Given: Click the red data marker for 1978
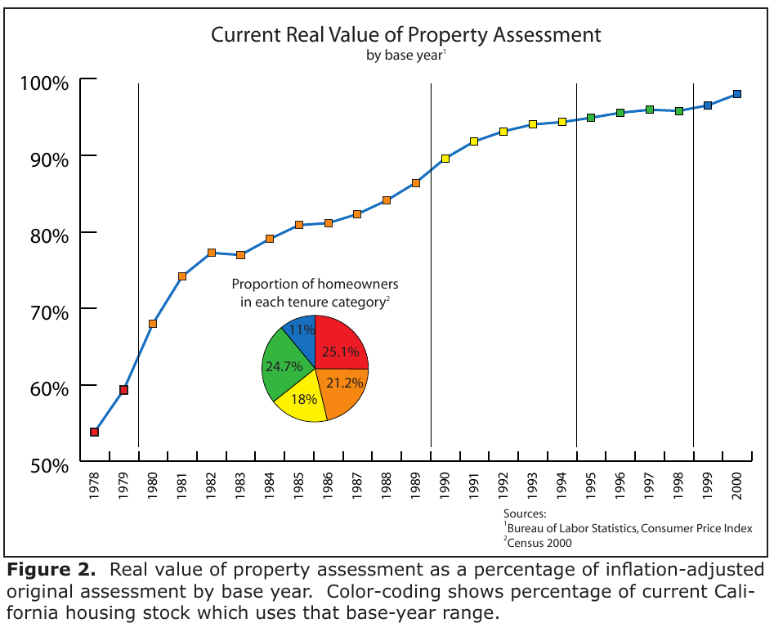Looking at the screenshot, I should (94, 432).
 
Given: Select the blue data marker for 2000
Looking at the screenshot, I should (736, 94).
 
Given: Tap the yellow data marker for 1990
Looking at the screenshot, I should (445, 159).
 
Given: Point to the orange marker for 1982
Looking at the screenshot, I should (211, 253).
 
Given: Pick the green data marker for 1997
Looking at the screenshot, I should (650, 110).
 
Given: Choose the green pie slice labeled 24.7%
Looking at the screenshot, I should (282, 369).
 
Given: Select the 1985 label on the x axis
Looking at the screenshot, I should (298, 486).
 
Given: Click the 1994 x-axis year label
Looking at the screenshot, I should (561, 486).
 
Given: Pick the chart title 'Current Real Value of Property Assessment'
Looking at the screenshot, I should (406, 35).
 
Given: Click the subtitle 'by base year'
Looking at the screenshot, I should (405, 56).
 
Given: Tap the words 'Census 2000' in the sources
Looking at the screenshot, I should (539, 542).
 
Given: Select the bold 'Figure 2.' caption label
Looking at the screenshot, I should (53, 570).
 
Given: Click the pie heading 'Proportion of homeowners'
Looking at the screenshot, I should (315, 285).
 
